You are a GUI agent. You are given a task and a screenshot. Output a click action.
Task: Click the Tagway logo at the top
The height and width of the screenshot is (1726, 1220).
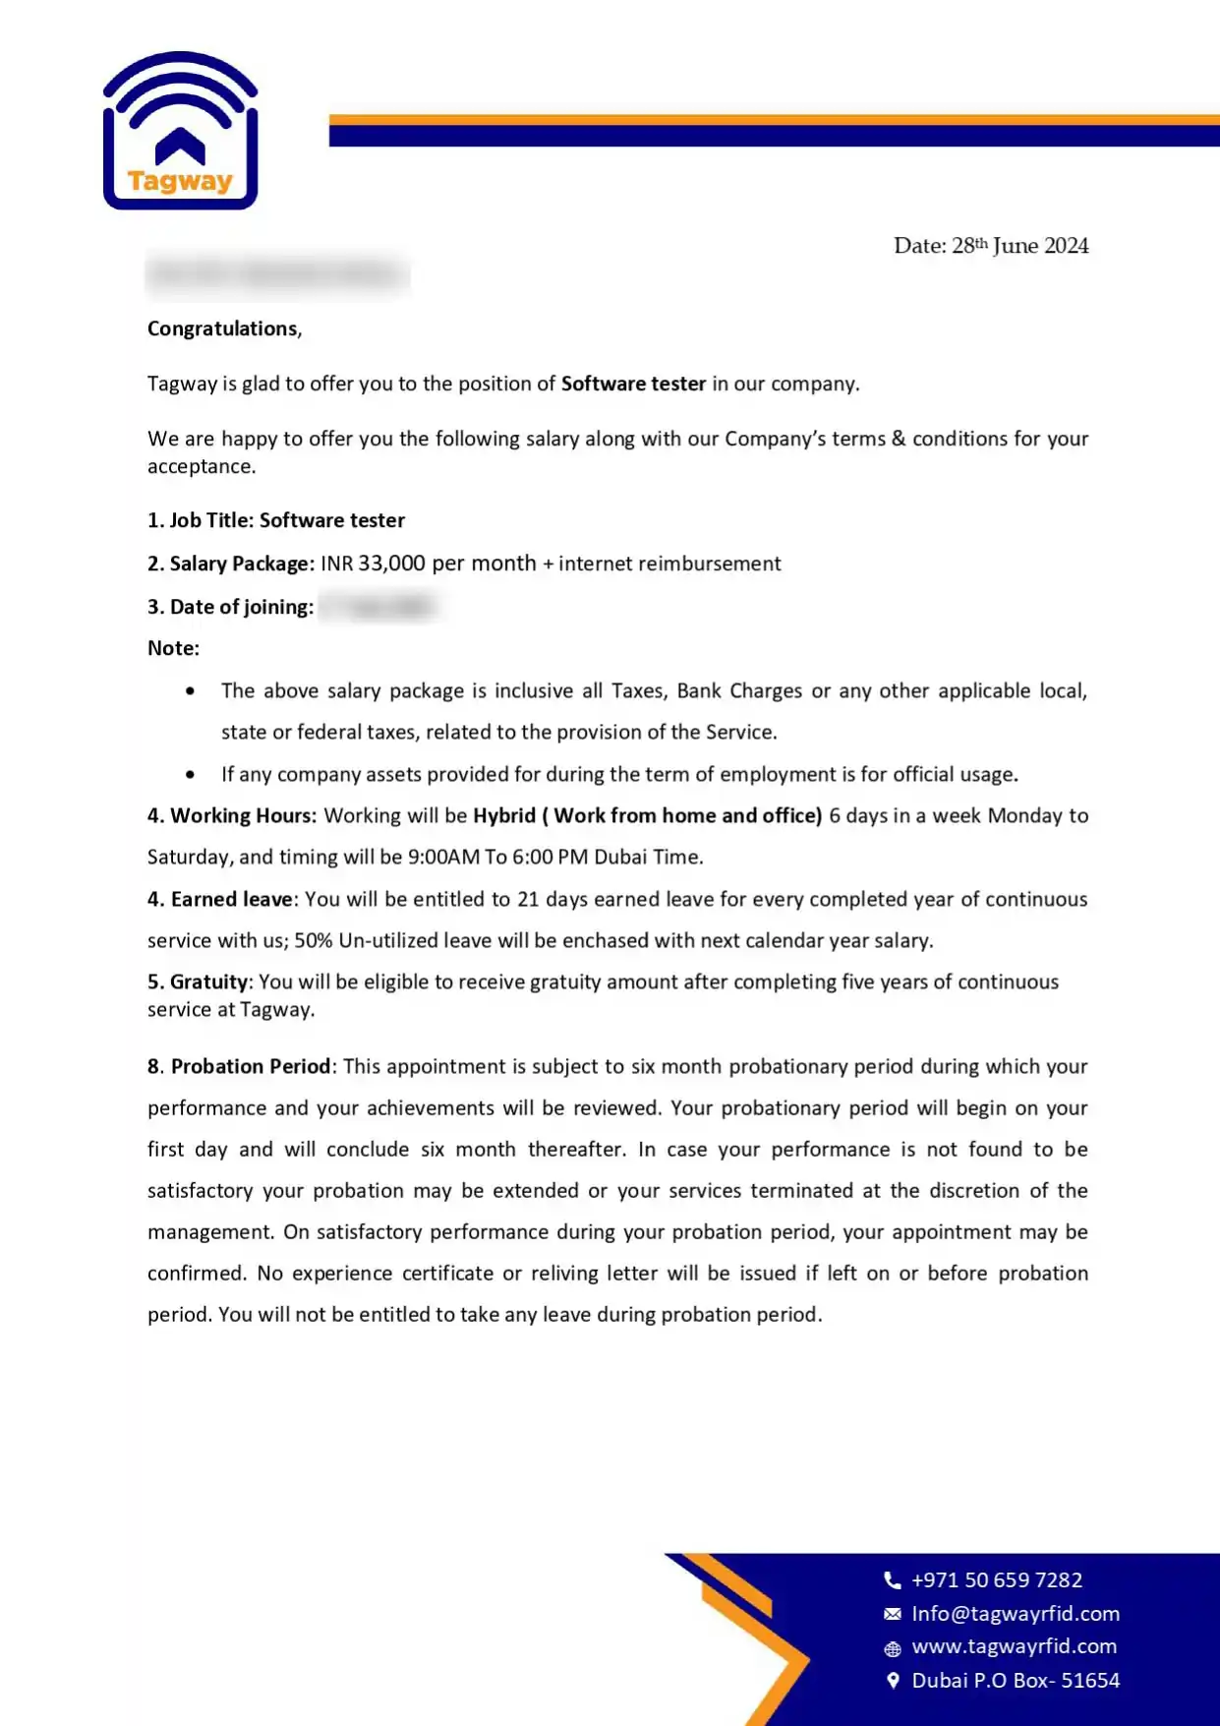coord(180,131)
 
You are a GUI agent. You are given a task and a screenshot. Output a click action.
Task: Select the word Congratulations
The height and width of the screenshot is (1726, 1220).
coord(222,328)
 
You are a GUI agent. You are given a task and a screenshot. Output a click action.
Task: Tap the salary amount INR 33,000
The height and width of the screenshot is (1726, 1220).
coord(373,564)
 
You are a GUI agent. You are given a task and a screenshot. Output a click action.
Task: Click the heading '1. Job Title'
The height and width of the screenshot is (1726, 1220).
coord(201,520)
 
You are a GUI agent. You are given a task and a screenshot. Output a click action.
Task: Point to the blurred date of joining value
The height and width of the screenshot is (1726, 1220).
coord(378,606)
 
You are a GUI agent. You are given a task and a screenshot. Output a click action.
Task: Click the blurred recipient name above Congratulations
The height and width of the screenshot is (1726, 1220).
coord(277,273)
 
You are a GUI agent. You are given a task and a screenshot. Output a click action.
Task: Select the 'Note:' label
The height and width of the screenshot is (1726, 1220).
coord(173,648)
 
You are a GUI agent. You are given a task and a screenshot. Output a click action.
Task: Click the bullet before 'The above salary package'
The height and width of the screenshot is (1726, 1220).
coord(190,691)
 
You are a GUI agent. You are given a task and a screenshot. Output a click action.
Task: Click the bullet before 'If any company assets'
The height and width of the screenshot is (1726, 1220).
coord(190,775)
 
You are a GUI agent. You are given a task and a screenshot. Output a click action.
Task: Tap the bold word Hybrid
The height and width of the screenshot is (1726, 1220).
coord(504,815)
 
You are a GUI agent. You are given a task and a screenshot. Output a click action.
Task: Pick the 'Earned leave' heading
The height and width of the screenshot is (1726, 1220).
coord(231,899)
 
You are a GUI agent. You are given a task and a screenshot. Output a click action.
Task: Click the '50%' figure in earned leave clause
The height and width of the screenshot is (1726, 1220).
coord(314,940)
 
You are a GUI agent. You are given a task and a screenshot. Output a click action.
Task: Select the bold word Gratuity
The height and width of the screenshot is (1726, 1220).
coord(208,982)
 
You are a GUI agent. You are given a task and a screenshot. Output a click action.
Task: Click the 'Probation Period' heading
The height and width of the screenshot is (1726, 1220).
coord(250,1066)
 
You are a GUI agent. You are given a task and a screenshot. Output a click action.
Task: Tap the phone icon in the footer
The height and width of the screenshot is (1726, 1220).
coord(893,1579)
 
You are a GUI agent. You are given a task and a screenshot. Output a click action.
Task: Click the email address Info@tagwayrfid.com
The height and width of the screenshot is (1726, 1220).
coord(1016,1613)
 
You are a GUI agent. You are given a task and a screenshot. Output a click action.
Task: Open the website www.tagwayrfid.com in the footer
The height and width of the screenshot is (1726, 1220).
coord(1014,1646)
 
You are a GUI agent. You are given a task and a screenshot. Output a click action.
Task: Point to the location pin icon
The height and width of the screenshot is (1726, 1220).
coord(893,1680)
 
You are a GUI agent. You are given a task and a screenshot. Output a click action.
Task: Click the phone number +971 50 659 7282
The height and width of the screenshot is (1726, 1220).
coord(997,1579)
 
